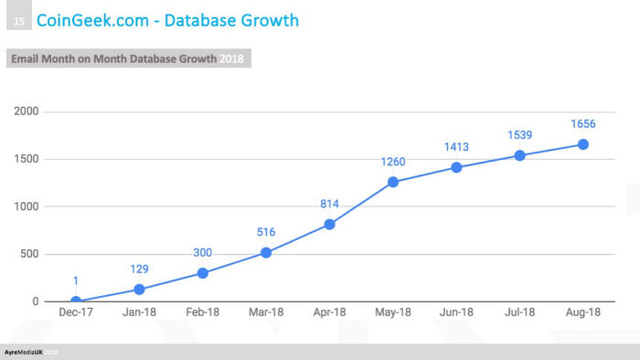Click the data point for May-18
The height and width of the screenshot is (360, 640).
(393, 182)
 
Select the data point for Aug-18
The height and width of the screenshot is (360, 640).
(582, 144)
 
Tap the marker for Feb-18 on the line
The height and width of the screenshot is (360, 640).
(203, 273)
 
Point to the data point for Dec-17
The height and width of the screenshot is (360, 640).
(76, 302)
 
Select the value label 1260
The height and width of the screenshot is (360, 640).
(393, 163)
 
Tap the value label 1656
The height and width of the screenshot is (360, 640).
(582, 125)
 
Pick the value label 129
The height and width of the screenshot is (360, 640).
(139, 270)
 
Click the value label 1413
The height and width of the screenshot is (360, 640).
(456, 148)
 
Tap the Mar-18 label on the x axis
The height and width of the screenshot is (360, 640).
(266, 313)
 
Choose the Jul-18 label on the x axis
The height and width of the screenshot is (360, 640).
(519, 313)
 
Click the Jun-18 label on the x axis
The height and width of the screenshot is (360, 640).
(456, 313)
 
